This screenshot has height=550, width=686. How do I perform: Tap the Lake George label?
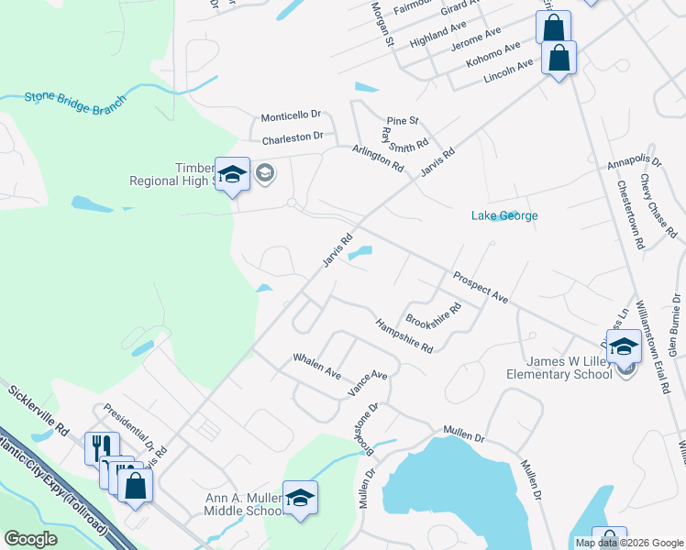click(x=504, y=216)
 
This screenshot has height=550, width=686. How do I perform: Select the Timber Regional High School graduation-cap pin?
click(x=232, y=174)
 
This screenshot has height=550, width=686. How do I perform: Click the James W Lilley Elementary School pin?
click(x=624, y=347)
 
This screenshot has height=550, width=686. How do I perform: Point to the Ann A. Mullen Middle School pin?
click(x=300, y=498)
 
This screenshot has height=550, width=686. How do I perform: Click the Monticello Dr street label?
click(x=291, y=115)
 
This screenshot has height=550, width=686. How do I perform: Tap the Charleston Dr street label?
click(x=293, y=137)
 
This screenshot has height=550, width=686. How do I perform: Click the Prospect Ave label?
click(x=480, y=287)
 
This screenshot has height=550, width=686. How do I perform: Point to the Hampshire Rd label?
click(x=404, y=335)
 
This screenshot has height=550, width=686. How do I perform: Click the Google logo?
click(x=31, y=539)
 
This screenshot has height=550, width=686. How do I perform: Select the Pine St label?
click(x=402, y=120)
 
